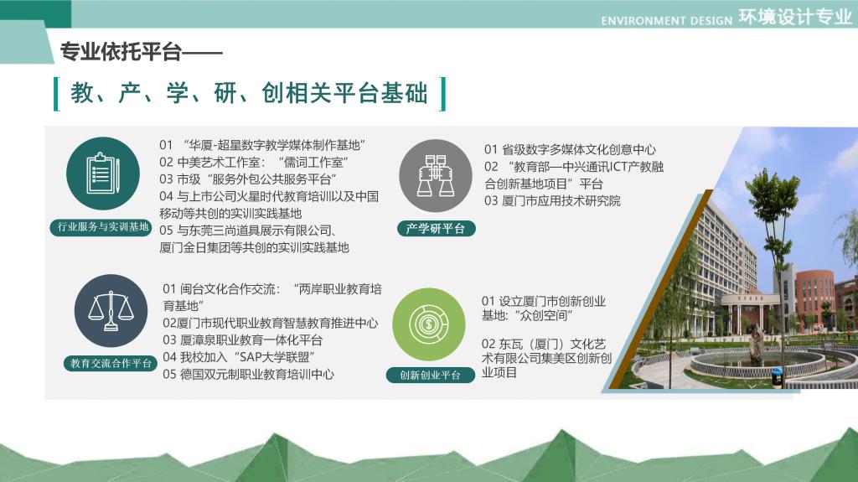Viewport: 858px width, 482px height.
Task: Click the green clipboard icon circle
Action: (103, 173)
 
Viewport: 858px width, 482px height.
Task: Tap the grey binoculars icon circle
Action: (436, 176)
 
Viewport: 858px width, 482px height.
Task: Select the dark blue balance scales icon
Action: (111, 310)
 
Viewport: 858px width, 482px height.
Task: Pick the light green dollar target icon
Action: (428, 324)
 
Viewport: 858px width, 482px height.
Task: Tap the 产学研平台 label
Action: (436, 228)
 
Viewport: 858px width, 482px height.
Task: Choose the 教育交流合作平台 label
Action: (111, 363)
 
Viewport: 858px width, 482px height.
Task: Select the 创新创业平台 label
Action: (430, 376)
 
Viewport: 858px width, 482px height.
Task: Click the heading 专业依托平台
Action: (121, 52)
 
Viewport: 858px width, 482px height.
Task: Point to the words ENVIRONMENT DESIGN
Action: (666, 21)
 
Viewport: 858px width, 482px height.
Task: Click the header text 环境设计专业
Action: (795, 18)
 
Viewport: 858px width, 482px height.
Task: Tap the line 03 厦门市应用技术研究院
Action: (552, 201)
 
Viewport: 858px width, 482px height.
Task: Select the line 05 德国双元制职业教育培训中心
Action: (248, 375)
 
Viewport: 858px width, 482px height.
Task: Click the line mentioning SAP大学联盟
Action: (239, 358)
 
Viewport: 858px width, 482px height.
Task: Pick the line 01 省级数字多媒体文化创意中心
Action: (570, 149)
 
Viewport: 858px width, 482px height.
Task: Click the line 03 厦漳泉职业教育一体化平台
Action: (242, 340)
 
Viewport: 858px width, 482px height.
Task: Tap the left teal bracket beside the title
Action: (56, 94)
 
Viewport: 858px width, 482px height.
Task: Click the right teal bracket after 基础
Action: (442, 94)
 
